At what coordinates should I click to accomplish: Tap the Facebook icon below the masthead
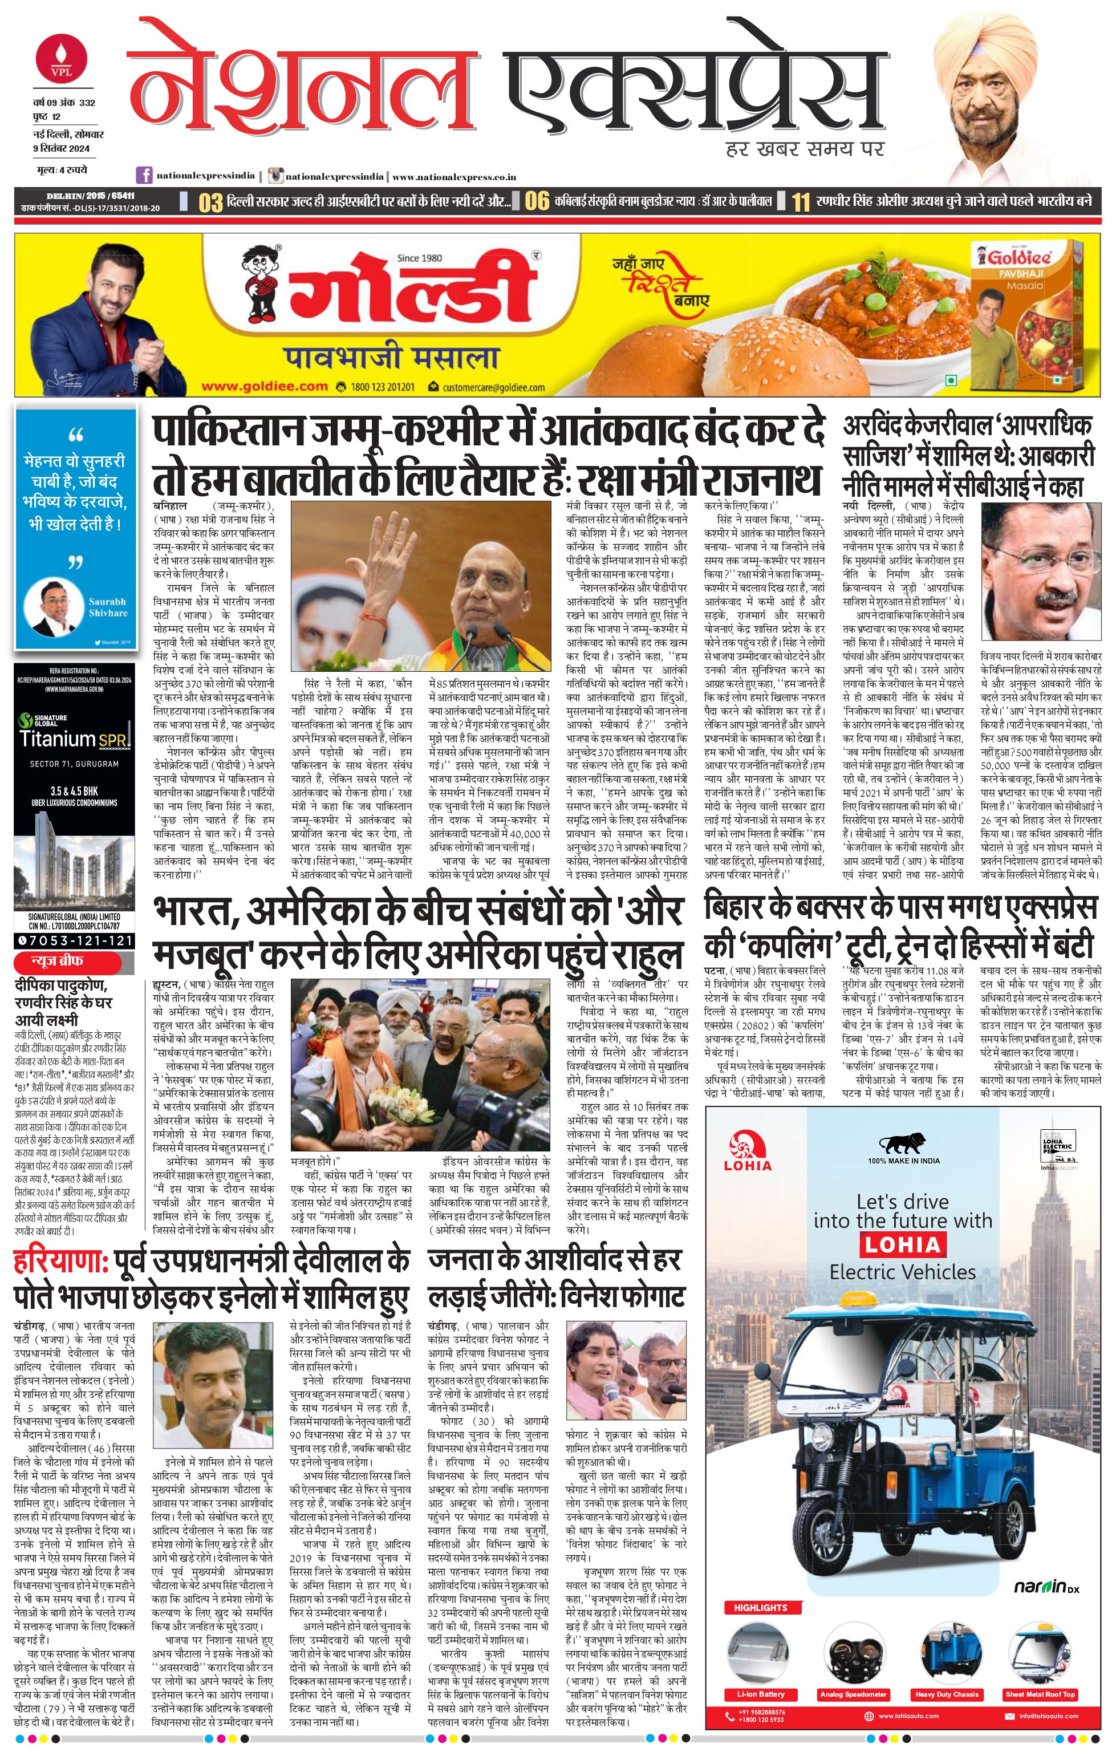click(x=145, y=176)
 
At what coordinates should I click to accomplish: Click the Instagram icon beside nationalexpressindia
click(x=275, y=176)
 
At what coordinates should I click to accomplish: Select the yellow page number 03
click(x=210, y=202)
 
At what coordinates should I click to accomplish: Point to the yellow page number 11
click(x=801, y=202)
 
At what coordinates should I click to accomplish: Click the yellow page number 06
click(x=537, y=202)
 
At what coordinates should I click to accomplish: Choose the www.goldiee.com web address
click(x=264, y=387)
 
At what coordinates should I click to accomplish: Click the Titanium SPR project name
click(x=75, y=740)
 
